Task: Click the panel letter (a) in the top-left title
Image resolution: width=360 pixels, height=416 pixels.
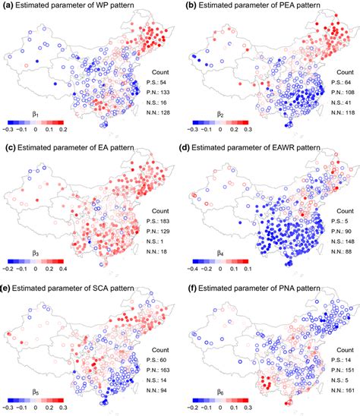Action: click(x=9, y=6)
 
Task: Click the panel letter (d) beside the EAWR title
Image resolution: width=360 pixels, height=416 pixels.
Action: click(x=189, y=146)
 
